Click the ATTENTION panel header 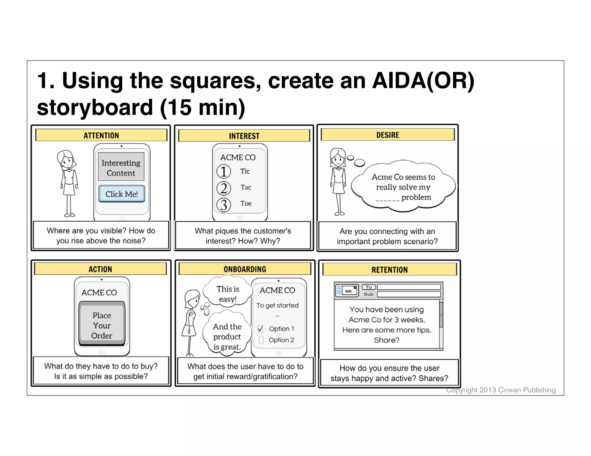[x=101, y=135]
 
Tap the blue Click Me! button [x=121, y=194]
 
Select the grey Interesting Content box [x=121, y=167]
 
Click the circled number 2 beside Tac [x=224, y=188]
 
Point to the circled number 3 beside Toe [x=224, y=205]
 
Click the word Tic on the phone [x=245, y=171]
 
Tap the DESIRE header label [x=388, y=135]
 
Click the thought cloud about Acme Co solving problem [x=403, y=187]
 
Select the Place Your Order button [x=102, y=325]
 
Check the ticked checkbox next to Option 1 [x=261, y=329]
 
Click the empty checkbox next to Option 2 [x=261, y=340]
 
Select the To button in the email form [x=369, y=287]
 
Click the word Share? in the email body [x=386, y=340]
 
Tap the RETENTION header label [x=389, y=270]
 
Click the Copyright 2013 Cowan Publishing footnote [x=501, y=390]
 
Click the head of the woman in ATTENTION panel [x=66, y=159]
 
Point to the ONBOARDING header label [x=245, y=269]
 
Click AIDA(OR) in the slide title [x=423, y=80]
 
